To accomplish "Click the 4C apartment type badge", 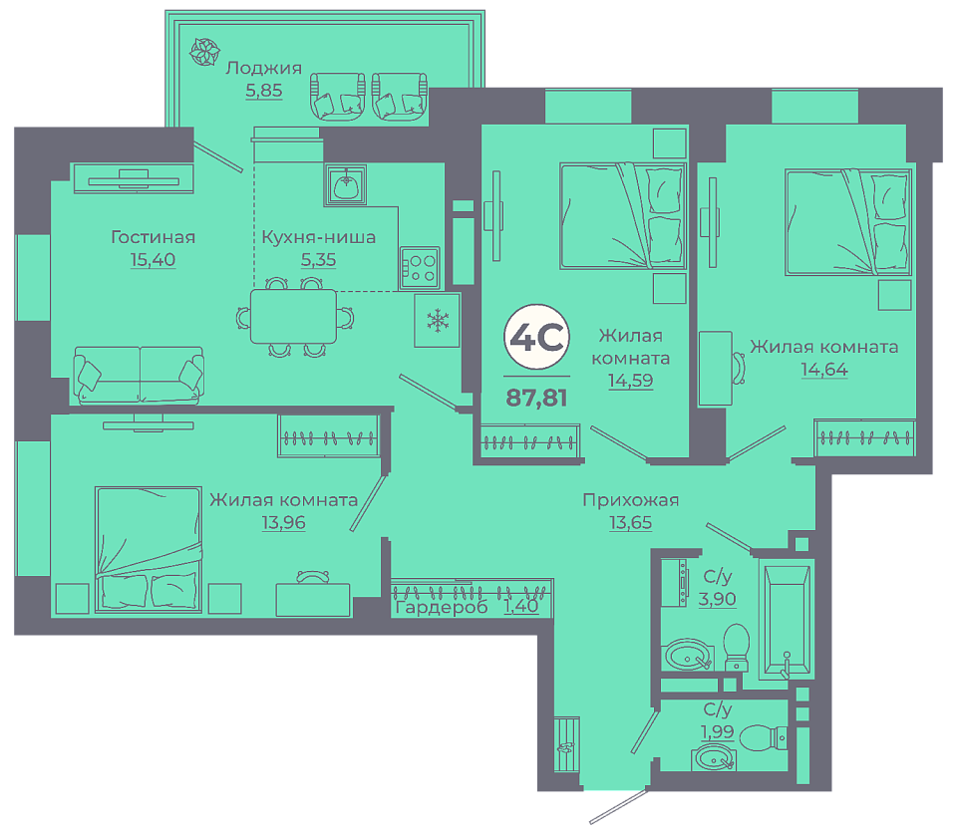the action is point(536,337).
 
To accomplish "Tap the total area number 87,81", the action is point(536,398).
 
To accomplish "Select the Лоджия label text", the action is point(263,68).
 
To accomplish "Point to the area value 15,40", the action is point(153,260).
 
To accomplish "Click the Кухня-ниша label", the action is point(319,237).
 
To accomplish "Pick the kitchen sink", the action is point(346,184).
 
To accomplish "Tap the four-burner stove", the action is point(420,267).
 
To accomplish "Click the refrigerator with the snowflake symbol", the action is point(437,321).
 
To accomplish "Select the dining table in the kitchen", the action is point(293,317).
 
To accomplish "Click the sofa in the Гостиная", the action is point(139,375).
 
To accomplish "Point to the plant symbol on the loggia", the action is point(204,52).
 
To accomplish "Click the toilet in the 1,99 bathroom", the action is point(764,738).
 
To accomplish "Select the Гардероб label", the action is point(442,608).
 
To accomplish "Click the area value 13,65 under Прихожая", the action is point(630,523).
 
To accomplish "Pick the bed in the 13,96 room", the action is point(149,549).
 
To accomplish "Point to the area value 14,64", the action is point(824,370).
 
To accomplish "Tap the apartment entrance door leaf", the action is point(618,807).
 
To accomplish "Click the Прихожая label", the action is point(630,500).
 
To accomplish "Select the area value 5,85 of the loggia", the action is point(263,91).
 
